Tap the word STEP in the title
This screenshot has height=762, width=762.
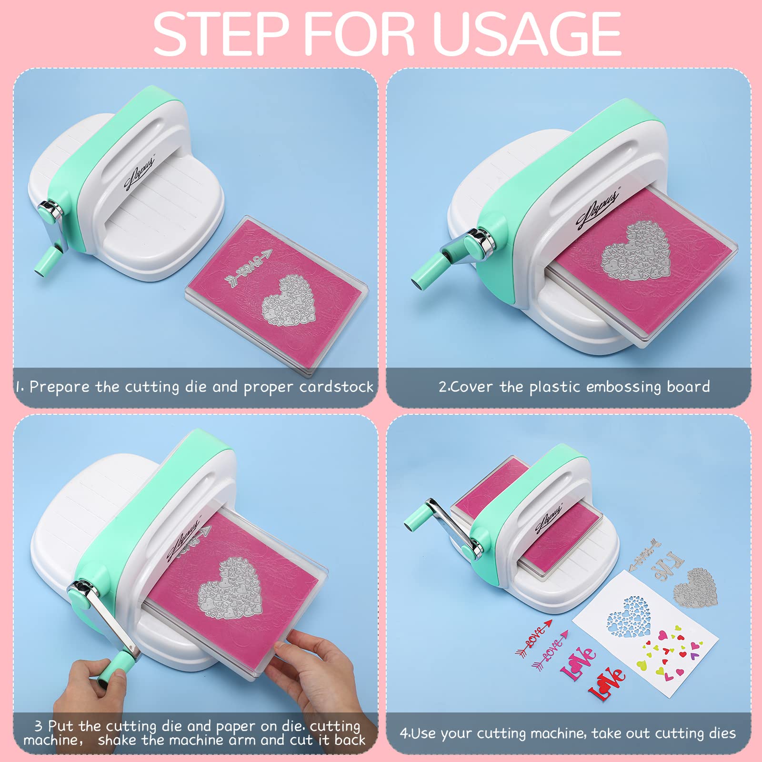tap(221, 34)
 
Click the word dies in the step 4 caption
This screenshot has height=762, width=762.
tap(722, 733)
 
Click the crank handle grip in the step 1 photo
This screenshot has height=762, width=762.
tap(46, 261)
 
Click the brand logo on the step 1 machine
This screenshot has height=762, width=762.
tap(139, 174)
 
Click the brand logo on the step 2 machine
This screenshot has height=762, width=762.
tap(598, 209)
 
